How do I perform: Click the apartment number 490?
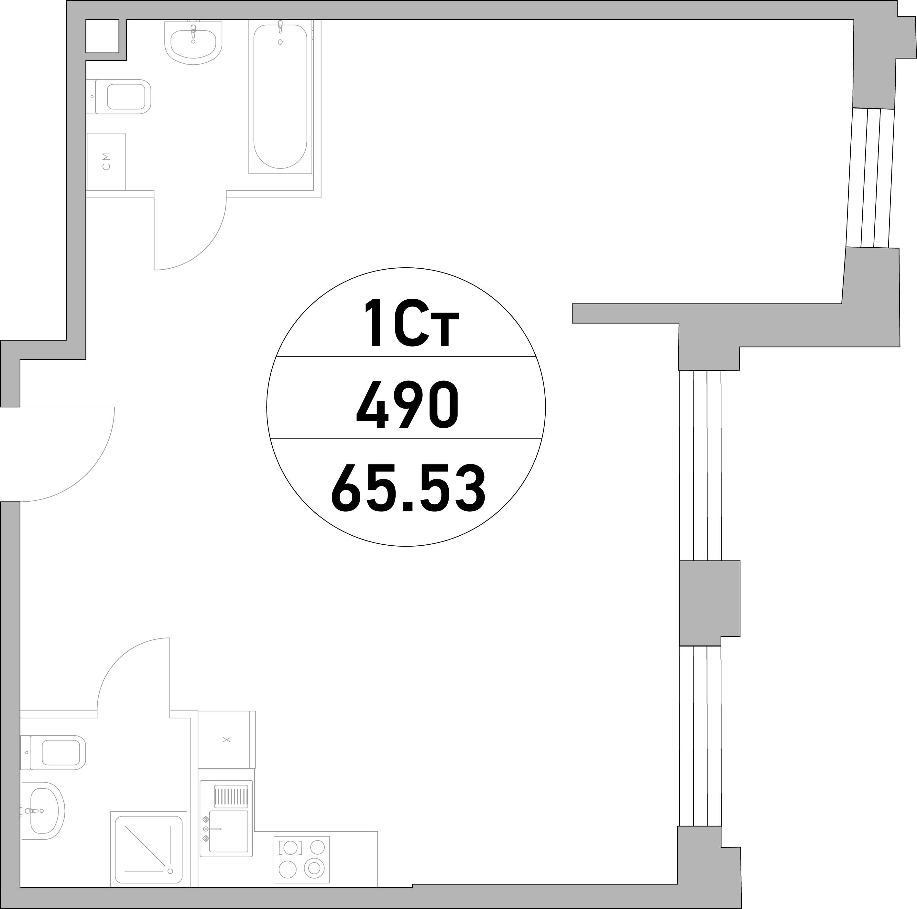tap(407, 405)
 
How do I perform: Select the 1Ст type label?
tap(411, 323)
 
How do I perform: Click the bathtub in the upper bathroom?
tap(280, 97)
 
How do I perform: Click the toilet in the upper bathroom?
tap(119, 97)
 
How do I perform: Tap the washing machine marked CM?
tap(106, 162)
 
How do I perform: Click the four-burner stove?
tap(301, 860)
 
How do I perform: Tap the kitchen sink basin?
tap(229, 831)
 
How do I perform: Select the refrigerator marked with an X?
tap(227, 740)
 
